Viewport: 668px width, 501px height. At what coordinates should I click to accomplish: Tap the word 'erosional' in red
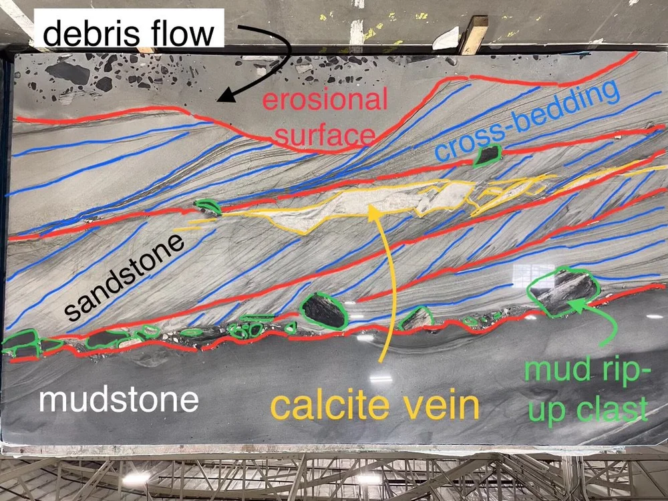point(325,102)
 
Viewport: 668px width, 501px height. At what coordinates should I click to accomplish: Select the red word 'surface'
point(325,136)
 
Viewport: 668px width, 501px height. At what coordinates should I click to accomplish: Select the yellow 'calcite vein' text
point(375,406)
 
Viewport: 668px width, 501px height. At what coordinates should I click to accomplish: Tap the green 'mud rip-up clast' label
point(587,390)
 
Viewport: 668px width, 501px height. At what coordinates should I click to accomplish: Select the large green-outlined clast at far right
point(560,289)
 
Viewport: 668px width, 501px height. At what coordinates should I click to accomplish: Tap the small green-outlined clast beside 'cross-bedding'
point(488,155)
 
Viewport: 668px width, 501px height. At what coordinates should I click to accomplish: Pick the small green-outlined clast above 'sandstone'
point(208,207)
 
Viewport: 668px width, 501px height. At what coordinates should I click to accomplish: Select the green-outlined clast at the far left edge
point(20,344)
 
